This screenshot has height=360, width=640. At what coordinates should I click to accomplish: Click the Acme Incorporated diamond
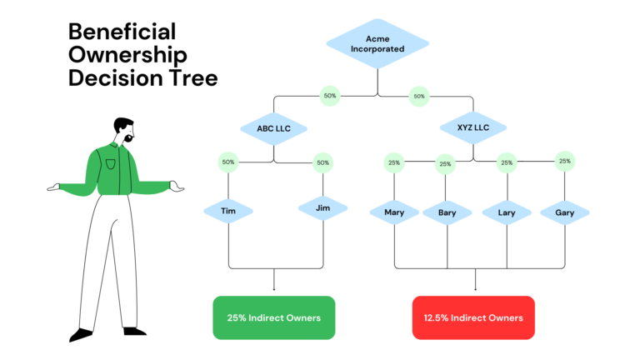point(377,43)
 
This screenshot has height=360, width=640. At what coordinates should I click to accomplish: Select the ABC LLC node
point(273,128)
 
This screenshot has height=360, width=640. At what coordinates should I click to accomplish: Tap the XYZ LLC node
point(472,128)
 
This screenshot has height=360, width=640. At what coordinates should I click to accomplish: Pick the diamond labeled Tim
point(228,212)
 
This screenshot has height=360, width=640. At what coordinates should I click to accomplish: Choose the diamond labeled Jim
point(322,208)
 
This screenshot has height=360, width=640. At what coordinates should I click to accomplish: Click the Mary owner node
point(394,212)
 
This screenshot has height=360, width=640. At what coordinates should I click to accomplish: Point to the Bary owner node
point(447,212)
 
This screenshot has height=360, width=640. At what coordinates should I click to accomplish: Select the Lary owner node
point(507,212)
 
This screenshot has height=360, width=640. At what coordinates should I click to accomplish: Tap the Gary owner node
point(565,212)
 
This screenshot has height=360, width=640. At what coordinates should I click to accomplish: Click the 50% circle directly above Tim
point(228,162)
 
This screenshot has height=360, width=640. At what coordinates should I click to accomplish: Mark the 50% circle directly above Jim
point(322,162)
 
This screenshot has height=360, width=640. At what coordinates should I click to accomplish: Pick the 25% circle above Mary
point(394,162)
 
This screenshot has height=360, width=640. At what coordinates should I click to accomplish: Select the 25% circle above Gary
point(565,161)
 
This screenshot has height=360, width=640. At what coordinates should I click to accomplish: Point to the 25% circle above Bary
point(446,164)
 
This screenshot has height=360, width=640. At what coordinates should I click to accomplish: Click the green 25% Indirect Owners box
point(274,317)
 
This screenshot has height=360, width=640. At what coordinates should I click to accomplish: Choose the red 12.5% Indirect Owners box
point(473,317)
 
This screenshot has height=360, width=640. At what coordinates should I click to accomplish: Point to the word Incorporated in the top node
point(377,49)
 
